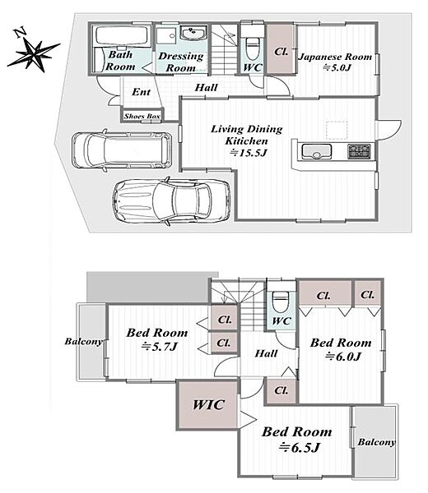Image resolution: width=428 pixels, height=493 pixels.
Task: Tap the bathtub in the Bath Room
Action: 122,36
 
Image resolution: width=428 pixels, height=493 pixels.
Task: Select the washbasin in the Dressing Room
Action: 193,33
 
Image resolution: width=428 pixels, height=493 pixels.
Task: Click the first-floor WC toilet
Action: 252,48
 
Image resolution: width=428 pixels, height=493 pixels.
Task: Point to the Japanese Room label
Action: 335,57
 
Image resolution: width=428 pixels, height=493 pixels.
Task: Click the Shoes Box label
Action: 142,116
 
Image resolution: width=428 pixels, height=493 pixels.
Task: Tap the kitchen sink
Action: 316,151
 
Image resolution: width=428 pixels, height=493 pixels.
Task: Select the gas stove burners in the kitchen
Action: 360,151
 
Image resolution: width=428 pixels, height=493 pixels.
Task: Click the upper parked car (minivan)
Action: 122,150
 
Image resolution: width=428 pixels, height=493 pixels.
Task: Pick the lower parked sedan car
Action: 171,201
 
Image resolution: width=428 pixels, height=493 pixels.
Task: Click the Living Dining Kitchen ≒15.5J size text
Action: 249,153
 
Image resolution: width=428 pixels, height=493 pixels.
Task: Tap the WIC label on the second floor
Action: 208,404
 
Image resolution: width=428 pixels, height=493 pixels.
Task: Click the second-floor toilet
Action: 280,302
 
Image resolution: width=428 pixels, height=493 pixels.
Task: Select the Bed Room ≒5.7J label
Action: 157,339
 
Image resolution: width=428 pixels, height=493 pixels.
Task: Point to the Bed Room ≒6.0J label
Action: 341,349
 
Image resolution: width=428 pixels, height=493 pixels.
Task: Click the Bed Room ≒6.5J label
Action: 297,440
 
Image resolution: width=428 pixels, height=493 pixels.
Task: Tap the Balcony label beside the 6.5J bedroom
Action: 377,442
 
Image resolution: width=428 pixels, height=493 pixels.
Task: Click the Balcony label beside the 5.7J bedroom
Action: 84,342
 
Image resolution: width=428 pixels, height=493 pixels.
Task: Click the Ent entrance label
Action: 141,92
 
